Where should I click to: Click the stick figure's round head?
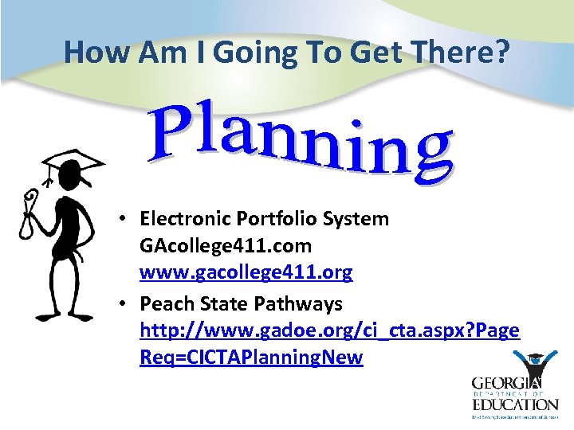(70, 187)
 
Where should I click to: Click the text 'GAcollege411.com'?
(226, 245)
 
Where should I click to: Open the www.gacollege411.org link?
(246, 272)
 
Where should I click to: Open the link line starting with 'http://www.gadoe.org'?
(329, 330)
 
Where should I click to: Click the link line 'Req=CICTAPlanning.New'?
(251, 358)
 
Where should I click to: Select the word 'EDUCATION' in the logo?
(514, 404)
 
